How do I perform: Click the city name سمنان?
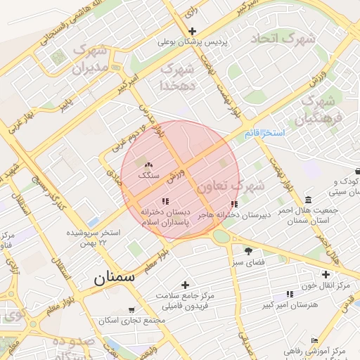point(114,277)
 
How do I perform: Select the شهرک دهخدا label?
point(177,76)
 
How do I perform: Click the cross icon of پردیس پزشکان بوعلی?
point(193,31)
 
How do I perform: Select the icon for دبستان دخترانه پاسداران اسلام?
point(165,202)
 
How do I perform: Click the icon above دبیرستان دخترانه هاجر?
point(234,205)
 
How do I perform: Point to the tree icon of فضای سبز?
point(248,250)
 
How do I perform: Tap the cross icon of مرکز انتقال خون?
point(326,274)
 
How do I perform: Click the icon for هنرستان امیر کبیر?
point(290,294)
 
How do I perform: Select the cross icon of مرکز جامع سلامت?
point(186,285)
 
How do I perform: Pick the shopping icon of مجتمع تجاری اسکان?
point(131,310)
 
